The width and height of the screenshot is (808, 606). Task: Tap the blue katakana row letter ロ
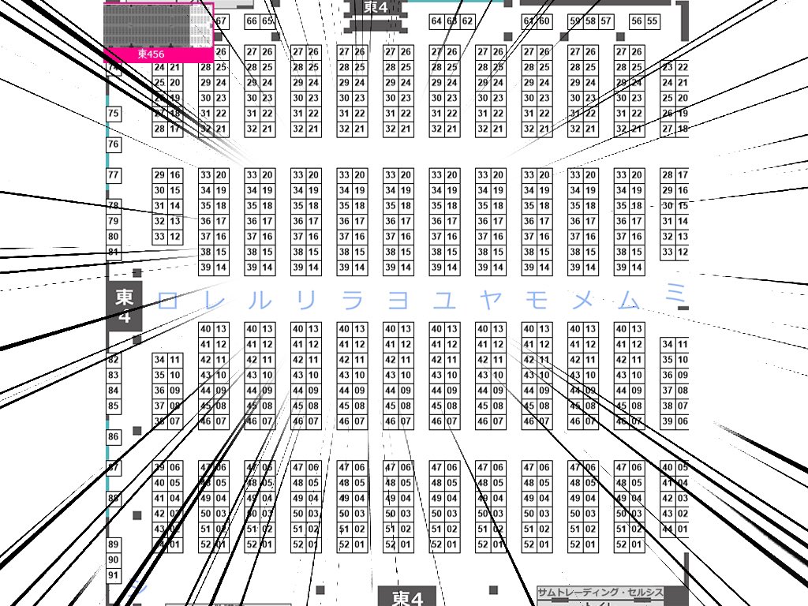pyautogui.click(x=167, y=300)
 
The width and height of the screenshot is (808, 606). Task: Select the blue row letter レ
pyautogui.click(x=215, y=300)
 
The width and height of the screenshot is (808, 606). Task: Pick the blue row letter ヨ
pyautogui.click(x=398, y=300)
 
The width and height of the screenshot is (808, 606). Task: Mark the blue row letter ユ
pyautogui.click(x=444, y=300)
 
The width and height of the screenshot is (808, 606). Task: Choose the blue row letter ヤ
pyautogui.click(x=491, y=300)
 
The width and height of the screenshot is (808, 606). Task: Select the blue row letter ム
pyautogui.click(x=629, y=300)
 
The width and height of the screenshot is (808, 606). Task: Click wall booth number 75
pyautogui.click(x=114, y=114)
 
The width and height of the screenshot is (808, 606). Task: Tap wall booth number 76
pyautogui.click(x=114, y=144)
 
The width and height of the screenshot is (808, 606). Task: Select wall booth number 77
pyautogui.click(x=114, y=174)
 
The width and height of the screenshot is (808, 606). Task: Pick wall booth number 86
pyautogui.click(x=114, y=436)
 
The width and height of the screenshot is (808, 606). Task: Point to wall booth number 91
pyautogui.click(x=114, y=576)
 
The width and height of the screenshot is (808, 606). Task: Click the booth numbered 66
pyautogui.click(x=252, y=21)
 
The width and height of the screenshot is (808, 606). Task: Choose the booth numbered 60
pyautogui.click(x=544, y=21)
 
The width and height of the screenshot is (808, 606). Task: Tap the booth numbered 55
pyautogui.click(x=652, y=21)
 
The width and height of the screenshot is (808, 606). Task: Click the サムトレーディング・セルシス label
pyautogui.click(x=600, y=593)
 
